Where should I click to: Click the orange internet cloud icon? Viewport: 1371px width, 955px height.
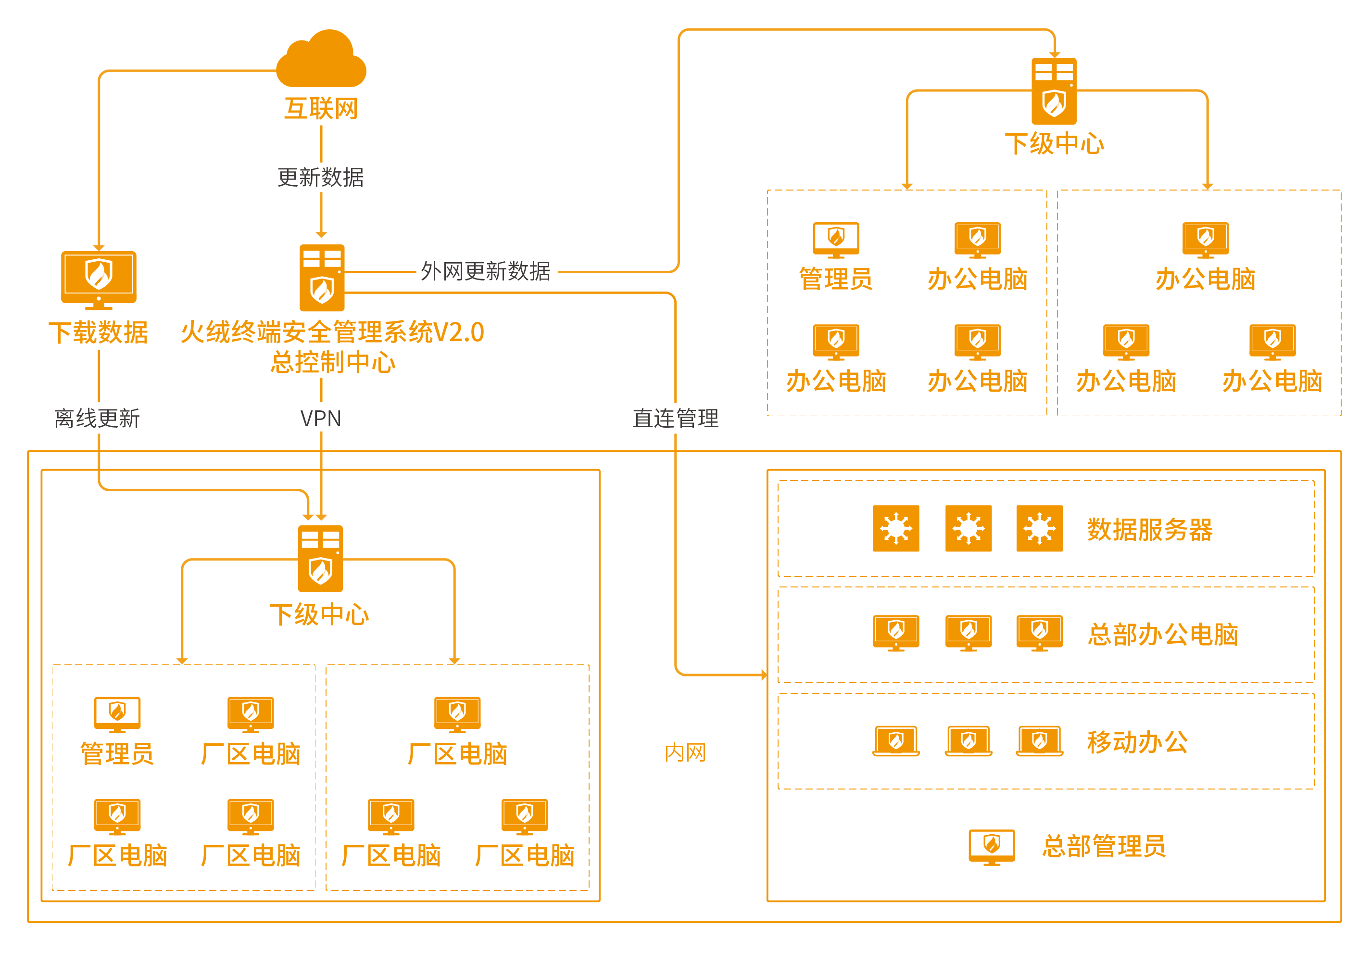321,60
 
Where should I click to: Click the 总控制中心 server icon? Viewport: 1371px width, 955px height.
322,278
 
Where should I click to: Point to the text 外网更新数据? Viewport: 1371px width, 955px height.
486,271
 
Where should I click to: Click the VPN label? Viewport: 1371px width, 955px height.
321,419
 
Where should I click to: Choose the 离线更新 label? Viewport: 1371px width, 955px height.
97,419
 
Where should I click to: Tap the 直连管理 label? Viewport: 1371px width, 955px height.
675,419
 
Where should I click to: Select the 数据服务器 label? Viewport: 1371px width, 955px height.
1149,530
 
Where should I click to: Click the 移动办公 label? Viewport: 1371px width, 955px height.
1137,742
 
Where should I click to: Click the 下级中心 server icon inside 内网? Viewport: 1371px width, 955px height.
320,559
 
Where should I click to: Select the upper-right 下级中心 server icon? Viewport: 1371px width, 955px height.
1054,91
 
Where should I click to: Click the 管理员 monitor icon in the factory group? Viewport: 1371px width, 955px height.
118,713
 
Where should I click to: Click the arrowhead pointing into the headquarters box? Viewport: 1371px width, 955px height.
764,675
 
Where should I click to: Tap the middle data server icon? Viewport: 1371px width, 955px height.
968,529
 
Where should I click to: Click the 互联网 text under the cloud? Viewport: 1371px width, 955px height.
321,109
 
